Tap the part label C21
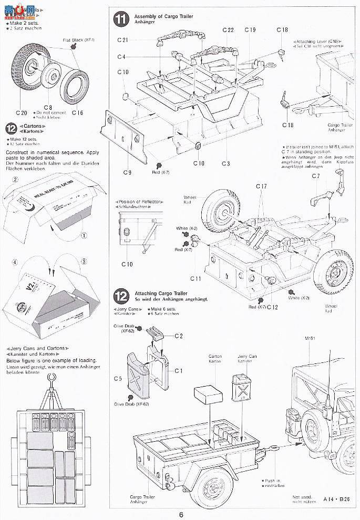pos(122,40)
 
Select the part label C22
pos(228,30)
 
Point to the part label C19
pos(250,30)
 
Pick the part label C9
pos(128,172)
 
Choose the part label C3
pos(225,163)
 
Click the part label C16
pos(77,112)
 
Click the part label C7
pos(315,176)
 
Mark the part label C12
pos(272,307)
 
